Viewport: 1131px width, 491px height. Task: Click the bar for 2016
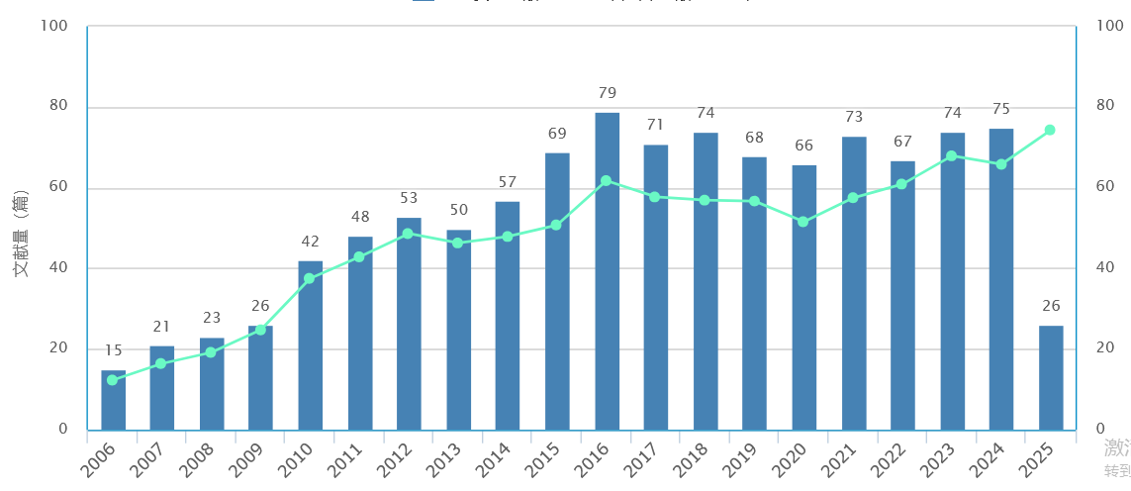[x=607, y=271]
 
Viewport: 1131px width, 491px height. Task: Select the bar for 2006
[x=113, y=400]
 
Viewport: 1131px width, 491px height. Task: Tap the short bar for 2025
[x=1050, y=377]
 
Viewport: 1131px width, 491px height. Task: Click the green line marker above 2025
[x=1050, y=130]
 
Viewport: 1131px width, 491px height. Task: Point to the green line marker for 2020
[x=803, y=222]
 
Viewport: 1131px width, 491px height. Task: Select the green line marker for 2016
[x=607, y=181]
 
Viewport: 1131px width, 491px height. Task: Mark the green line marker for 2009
[x=261, y=330]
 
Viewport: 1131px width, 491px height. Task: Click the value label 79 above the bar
[x=608, y=93]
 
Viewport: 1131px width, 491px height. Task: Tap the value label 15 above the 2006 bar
[x=113, y=350]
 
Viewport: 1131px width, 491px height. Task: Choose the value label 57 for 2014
[x=508, y=182]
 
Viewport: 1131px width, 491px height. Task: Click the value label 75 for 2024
[x=1000, y=109]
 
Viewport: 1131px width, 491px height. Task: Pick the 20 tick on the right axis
[x=1103, y=348]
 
